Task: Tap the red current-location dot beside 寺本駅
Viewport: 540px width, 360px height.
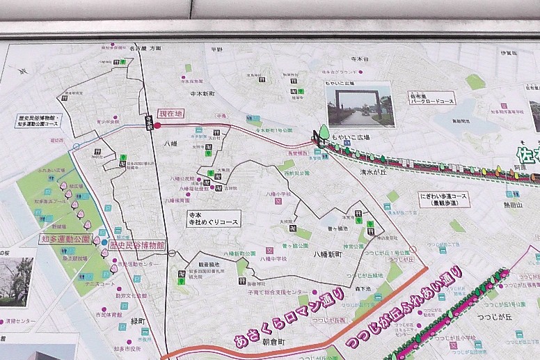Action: (x=157, y=125)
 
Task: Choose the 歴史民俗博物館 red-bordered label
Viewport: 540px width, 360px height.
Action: (x=137, y=245)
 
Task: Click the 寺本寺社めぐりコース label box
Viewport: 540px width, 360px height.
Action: (x=213, y=218)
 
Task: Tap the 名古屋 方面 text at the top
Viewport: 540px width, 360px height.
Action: (x=145, y=48)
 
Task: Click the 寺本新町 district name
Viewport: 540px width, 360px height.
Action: (x=202, y=93)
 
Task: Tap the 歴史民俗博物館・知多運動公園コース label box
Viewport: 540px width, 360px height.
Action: (x=39, y=121)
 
